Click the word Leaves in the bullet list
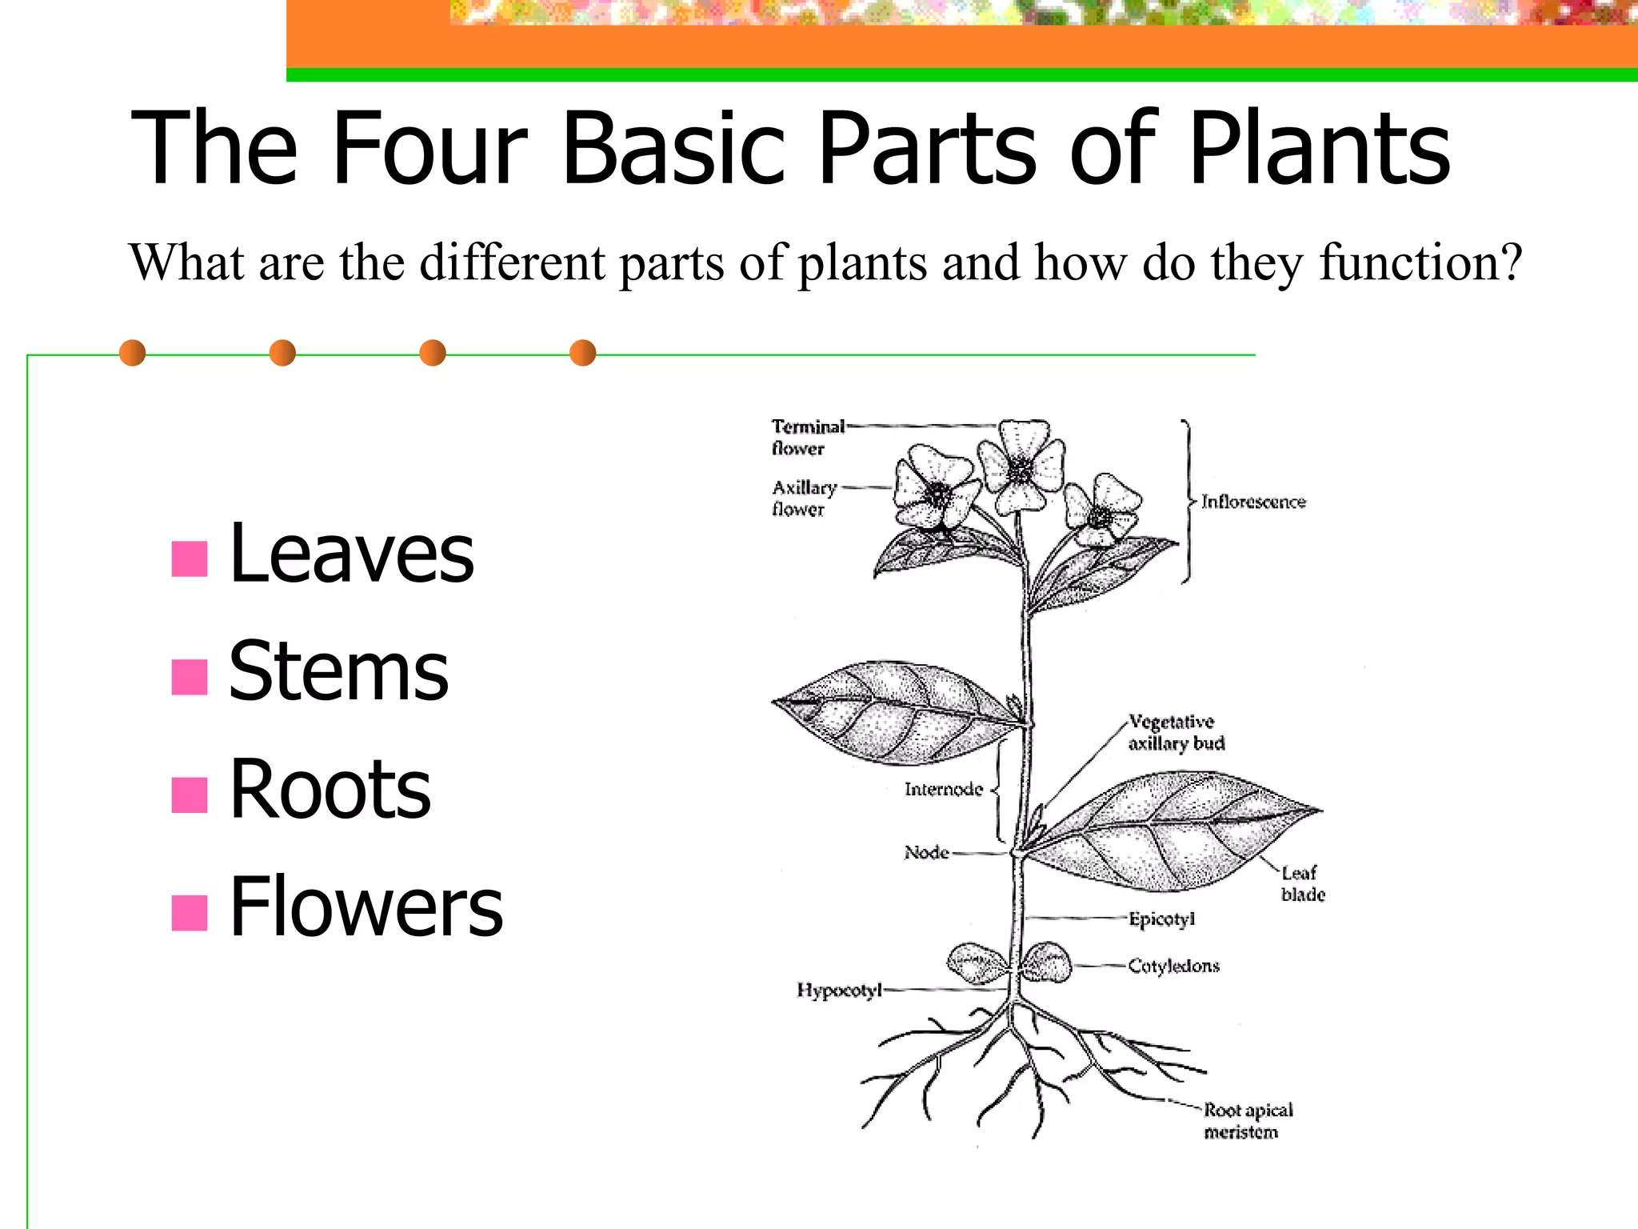point(351,553)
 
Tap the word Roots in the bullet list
point(330,789)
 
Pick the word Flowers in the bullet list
point(366,907)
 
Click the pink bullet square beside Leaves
point(190,559)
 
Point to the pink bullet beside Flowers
point(190,913)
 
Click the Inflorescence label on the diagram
point(1252,502)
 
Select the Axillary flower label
point(803,498)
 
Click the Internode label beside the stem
point(943,790)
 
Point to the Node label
point(926,853)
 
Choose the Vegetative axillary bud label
point(1176,733)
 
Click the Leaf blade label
point(1302,883)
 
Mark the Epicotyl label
point(1161,919)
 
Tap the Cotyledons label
point(1173,967)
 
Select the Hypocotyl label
point(838,991)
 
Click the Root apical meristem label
point(1247,1120)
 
